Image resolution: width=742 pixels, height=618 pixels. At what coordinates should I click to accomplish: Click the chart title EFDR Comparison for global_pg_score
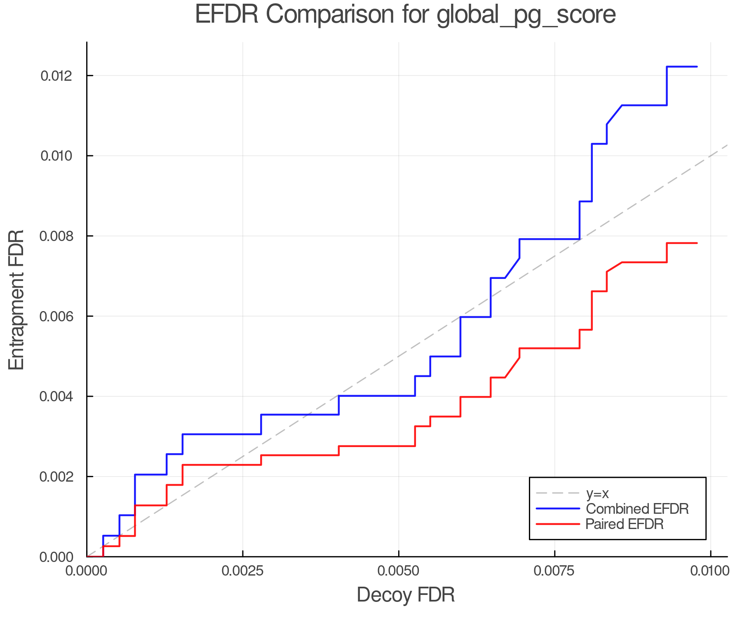click(x=405, y=14)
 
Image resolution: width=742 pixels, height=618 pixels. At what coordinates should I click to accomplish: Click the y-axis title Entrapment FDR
click(x=16, y=300)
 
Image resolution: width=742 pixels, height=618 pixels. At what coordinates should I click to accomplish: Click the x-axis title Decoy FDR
click(x=406, y=595)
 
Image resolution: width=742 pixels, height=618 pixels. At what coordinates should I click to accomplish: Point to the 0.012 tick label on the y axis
click(x=56, y=76)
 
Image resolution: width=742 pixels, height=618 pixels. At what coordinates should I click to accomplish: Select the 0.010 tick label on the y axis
click(x=56, y=156)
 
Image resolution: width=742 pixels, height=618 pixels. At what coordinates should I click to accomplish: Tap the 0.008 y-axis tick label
click(x=56, y=236)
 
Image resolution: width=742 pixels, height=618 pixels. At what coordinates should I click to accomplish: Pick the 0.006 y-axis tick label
click(x=56, y=316)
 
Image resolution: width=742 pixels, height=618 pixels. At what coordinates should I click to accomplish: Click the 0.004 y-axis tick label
click(x=56, y=396)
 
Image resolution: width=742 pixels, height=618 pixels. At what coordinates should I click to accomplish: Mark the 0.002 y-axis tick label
click(x=56, y=477)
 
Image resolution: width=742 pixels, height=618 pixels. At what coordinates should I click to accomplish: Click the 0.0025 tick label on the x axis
click(x=243, y=571)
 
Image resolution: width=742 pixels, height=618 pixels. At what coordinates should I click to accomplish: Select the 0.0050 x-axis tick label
click(x=399, y=571)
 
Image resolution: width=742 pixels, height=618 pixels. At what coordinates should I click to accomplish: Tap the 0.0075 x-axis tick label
click(x=554, y=571)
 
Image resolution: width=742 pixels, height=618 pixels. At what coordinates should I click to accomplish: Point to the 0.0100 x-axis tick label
click(x=710, y=571)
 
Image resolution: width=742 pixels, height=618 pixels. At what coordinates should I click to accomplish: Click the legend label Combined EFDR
click(x=637, y=509)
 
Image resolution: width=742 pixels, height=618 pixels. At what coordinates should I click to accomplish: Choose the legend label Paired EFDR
click(x=625, y=524)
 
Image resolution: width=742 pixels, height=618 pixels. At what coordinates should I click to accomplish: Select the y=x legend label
click(x=598, y=493)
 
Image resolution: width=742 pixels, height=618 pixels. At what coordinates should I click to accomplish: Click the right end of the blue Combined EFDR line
click(x=697, y=66)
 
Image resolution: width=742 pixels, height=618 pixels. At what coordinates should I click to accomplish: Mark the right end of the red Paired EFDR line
click(x=697, y=243)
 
